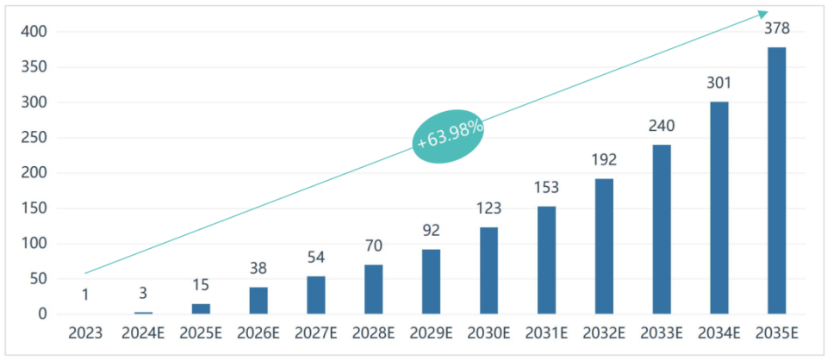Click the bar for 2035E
click(x=776, y=181)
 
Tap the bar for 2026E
click(x=258, y=301)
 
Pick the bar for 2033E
click(x=662, y=229)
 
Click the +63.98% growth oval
click(x=449, y=136)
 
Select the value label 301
click(x=718, y=84)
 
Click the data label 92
click(x=431, y=231)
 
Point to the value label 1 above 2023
click(x=85, y=294)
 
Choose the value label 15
click(x=201, y=285)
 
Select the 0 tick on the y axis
click(x=41, y=314)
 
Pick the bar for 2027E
click(x=315, y=295)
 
